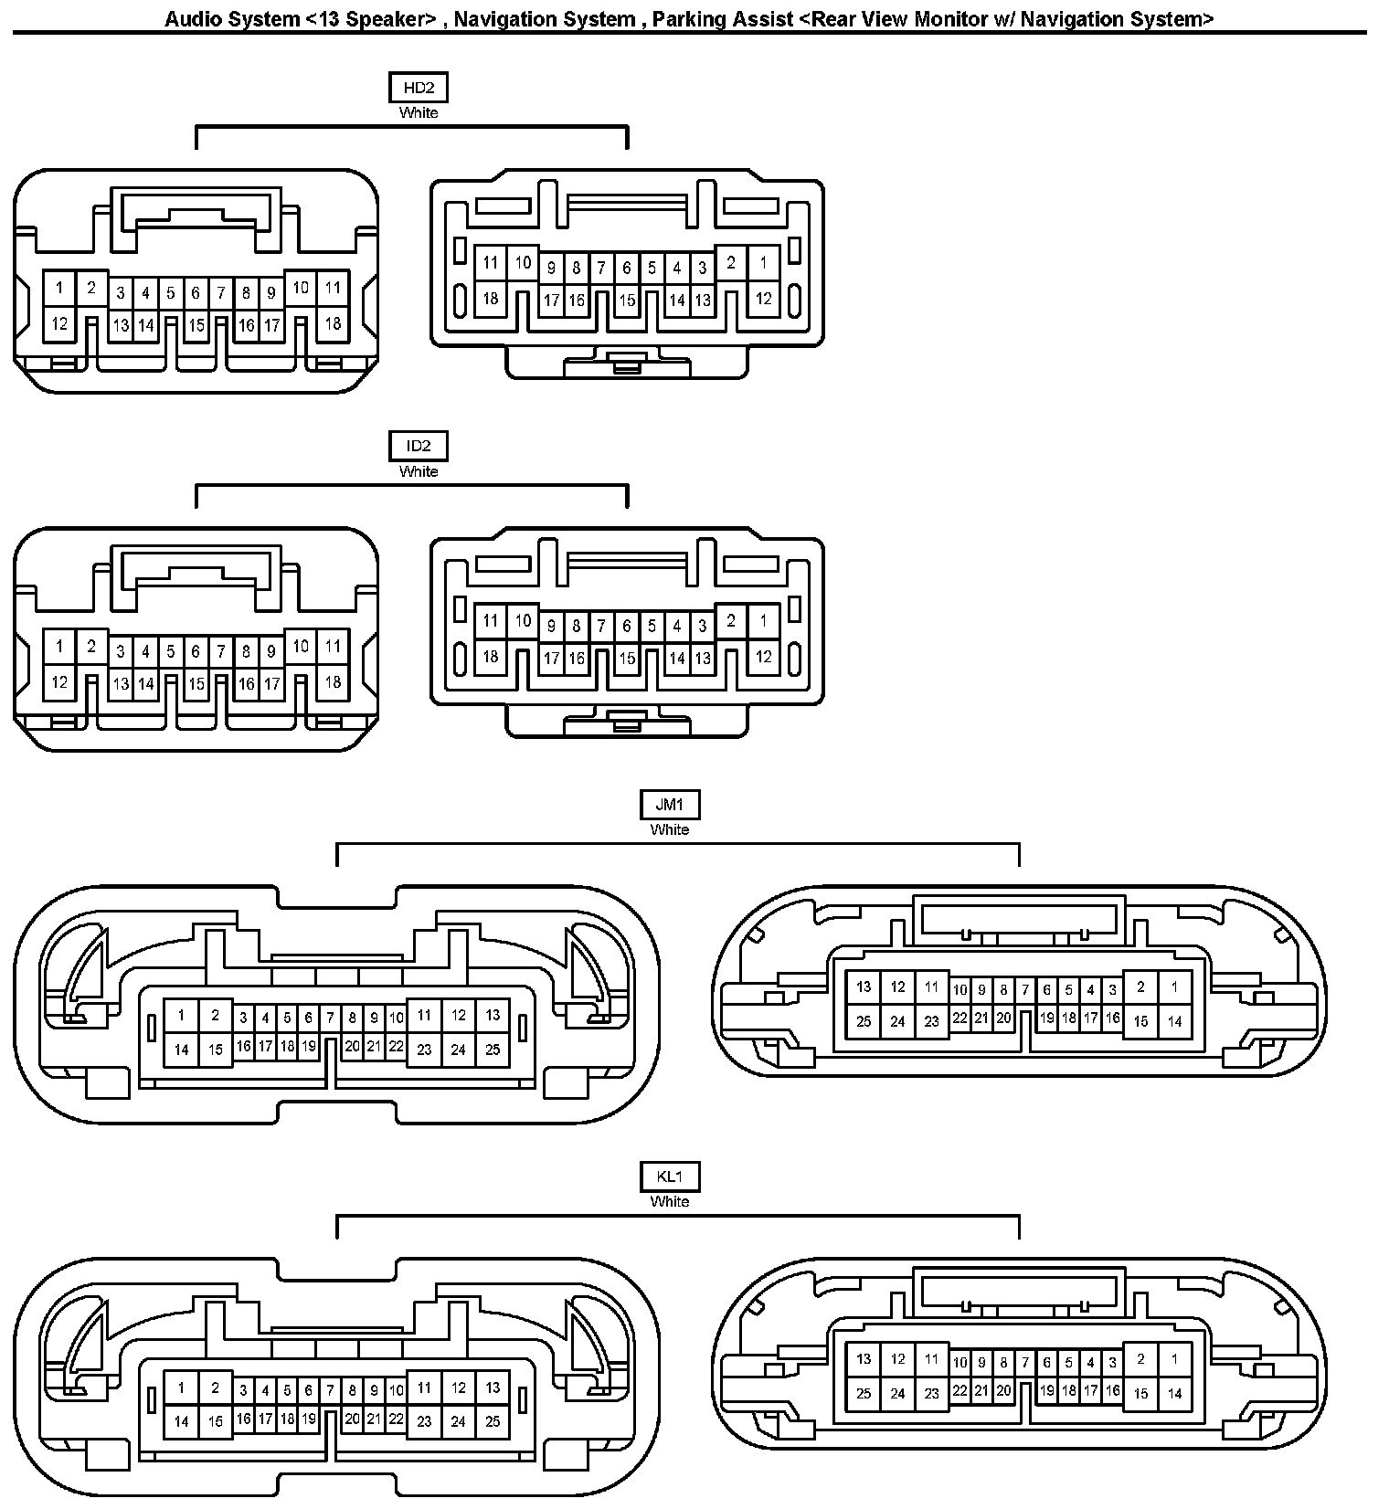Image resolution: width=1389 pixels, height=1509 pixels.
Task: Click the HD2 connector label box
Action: click(x=419, y=88)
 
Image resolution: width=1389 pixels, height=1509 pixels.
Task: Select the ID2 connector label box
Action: click(x=419, y=447)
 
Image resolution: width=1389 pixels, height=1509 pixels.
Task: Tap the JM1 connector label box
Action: click(x=669, y=805)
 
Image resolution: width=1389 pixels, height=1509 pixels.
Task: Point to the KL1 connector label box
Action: click(x=669, y=1177)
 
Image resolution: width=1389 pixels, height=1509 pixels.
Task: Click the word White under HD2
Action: click(x=419, y=113)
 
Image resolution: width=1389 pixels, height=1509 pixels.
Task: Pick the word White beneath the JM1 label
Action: click(x=669, y=830)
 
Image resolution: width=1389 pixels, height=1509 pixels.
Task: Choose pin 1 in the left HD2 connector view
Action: click(x=59, y=289)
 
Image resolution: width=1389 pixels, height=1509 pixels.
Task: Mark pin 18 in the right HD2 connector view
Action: click(x=491, y=299)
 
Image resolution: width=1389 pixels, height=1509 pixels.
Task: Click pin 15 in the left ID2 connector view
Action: click(x=196, y=683)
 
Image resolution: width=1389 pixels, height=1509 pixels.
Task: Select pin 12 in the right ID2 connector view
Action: click(x=763, y=656)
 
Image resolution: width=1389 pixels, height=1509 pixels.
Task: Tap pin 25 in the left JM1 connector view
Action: click(x=493, y=1050)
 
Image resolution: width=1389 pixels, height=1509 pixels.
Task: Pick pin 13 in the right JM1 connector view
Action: click(x=864, y=987)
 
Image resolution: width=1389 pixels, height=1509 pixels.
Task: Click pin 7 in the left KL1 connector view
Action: click(x=331, y=1390)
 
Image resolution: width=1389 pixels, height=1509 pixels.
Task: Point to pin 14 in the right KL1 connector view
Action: click(x=1174, y=1394)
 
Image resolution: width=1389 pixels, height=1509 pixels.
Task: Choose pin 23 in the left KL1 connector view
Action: click(x=424, y=1421)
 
